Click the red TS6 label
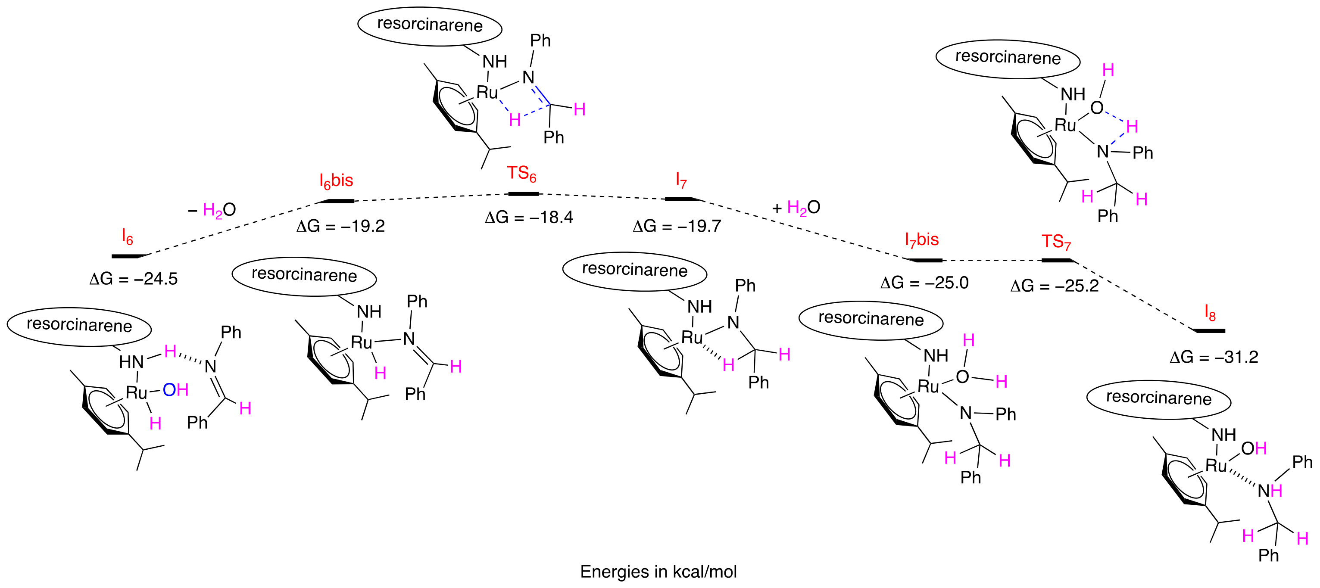click(x=521, y=174)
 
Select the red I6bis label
click(x=336, y=181)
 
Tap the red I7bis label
click(x=921, y=240)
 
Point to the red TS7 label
click(x=1056, y=242)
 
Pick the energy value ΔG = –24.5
click(x=133, y=279)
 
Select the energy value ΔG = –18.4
click(x=529, y=218)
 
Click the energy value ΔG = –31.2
click(x=1214, y=357)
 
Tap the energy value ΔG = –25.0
click(x=924, y=283)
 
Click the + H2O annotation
click(x=796, y=208)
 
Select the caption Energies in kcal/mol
click(x=658, y=572)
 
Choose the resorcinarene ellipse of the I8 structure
click(x=1158, y=399)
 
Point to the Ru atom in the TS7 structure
click(x=1065, y=125)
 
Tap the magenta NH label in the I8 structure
click(x=1270, y=491)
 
